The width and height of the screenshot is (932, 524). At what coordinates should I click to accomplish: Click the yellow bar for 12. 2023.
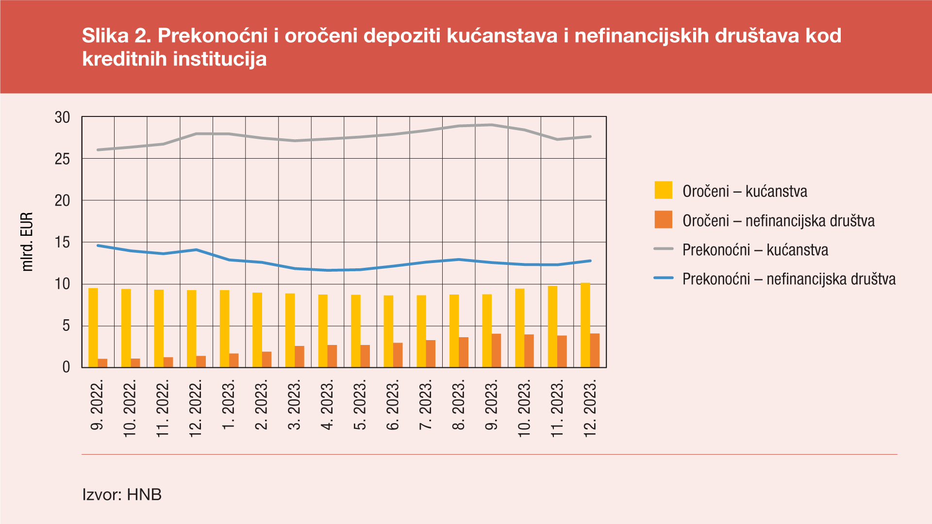pyautogui.click(x=585, y=325)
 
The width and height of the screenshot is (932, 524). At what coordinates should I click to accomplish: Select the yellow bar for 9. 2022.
pyautogui.click(x=93, y=327)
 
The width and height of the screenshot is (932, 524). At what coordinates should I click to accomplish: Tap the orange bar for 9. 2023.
pyautogui.click(x=496, y=350)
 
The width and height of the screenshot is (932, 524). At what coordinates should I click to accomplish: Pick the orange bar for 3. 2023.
pyautogui.click(x=300, y=357)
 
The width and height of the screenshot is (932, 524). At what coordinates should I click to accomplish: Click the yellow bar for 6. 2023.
pyautogui.click(x=388, y=331)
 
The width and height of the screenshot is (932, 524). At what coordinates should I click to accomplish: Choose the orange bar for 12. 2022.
pyautogui.click(x=201, y=361)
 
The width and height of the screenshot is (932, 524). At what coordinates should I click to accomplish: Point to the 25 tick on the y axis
pyautogui.click(x=63, y=159)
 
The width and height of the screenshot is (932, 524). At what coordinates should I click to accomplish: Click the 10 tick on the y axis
pyautogui.click(x=63, y=284)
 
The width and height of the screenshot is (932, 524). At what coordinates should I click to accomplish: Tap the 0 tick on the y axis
pyautogui.click(x=66, y=367)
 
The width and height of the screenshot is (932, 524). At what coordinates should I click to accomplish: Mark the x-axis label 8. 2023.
pyautogui.click(x=459, y=405)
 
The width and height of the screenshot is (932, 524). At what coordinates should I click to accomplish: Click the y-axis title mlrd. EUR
pyautogui.click(x=27, y=242)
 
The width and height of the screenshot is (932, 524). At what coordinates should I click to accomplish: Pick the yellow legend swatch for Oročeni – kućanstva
pyautogui.click(x=663, y=190)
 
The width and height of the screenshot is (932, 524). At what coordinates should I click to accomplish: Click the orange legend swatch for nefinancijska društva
pyautogui.click(x=663, y=220)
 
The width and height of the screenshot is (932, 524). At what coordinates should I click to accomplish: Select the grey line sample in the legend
pyautogui.click(x=663, y=249)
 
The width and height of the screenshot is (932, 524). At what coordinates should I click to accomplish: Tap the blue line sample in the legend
pyautogui.click(x=663, y=278)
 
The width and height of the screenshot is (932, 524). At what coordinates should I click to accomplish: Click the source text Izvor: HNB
pyautogui.click(x=122, y=494)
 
